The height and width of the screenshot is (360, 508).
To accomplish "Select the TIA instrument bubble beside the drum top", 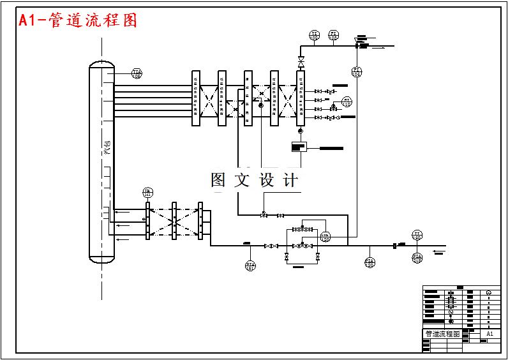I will tap(137, 73).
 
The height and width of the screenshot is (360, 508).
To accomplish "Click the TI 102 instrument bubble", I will tap(314, 35).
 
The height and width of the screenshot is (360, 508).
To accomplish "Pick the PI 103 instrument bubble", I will tap(333, 35).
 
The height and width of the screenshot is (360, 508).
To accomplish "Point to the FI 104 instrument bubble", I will tap(357, 71).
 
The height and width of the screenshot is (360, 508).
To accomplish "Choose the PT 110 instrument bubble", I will tap(347, 101).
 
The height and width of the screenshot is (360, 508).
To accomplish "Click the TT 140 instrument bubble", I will tap(417, 236).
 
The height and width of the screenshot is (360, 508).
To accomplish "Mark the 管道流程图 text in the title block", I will tap(442, 334).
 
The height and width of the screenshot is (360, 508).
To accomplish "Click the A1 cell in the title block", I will tap(489, 334).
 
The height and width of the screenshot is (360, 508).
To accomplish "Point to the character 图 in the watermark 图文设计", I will tap(218, 181).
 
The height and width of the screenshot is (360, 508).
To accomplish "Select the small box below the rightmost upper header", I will tap(298, 147).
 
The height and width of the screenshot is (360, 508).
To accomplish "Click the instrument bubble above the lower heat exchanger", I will tap(147, 193).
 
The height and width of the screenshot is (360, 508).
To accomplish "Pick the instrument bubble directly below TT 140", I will tap(417, 258).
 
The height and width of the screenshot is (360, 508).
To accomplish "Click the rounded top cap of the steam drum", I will tap(101, 64).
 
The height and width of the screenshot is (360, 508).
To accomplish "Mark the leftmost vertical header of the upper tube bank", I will tap(196, 98).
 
